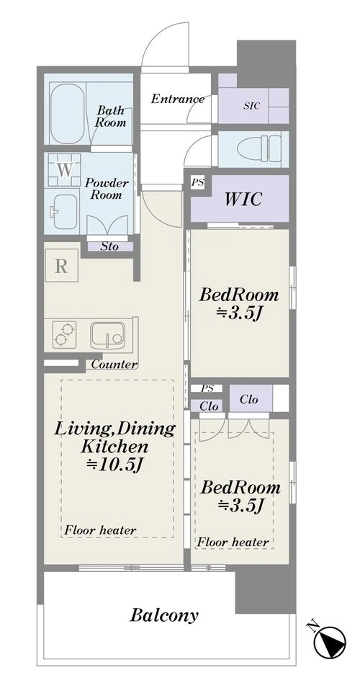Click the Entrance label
click(x=178, y=99)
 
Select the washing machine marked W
click(x=64, y=170)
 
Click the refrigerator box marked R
click(x=61, y=265)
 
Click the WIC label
click(x=243, y=199)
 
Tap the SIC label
click(x=251, y=105)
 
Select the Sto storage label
click(x=109, y=246)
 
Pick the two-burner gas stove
click(x=64, y=334)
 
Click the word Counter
click(x=114, y=365)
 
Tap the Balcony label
click(x=164, y=615)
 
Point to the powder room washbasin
click(x=66, y=212)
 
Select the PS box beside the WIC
click(x=197, y=182)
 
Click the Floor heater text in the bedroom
click(x=233, y=543)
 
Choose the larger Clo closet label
click(x=248, y=399)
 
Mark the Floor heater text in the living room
click(x=100, y=530)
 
